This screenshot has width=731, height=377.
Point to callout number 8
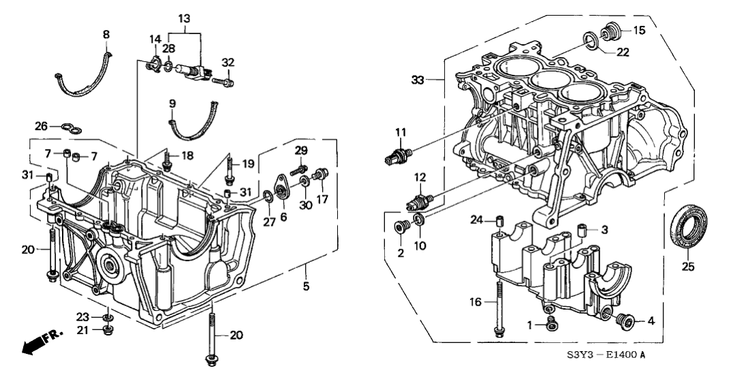(x=106, y=33)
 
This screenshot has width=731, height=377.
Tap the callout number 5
(x=306, y=286)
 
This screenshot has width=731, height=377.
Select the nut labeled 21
(x=107, y=331)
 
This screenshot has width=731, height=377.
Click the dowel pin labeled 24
(x=499, y=220)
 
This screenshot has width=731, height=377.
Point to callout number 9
(x=172, y=103)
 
